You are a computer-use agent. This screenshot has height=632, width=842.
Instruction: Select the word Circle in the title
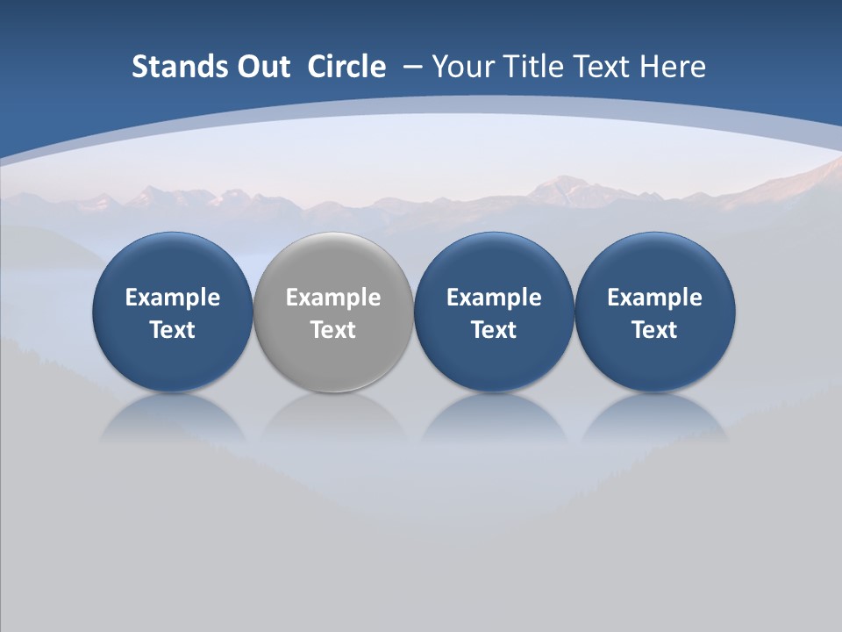[346, 67]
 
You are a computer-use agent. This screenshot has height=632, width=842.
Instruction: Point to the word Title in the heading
[534, 67]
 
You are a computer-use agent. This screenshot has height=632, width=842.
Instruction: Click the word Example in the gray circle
[333, 298]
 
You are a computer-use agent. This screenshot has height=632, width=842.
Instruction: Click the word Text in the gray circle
[333, 330]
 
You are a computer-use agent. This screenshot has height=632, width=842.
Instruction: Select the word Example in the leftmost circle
[173, 298]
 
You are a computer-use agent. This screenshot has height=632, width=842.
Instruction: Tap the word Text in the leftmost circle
[173, 330]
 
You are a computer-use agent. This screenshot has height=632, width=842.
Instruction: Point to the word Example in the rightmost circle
[654, 298]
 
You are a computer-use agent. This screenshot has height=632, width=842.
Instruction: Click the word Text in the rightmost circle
[654, 330]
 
